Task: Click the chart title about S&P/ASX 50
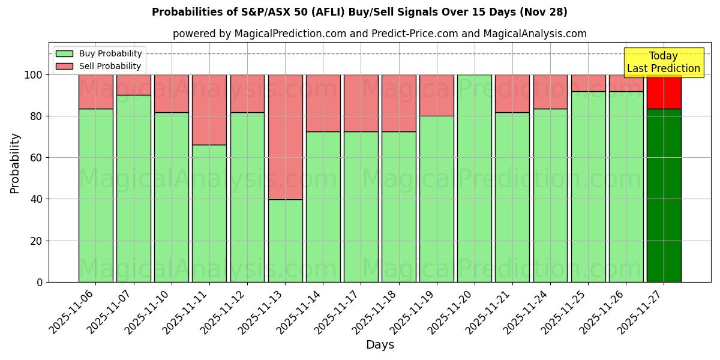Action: coord(359,12)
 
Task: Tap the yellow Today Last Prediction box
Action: coord(664,62)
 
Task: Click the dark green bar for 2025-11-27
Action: coord(664,195)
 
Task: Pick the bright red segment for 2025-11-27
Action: coord(664,92)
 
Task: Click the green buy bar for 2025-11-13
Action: coord(285,240)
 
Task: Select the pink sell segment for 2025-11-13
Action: coord(285,137)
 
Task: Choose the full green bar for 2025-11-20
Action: coord(475,178)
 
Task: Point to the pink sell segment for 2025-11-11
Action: coord(209,110)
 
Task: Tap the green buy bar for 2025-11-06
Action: coord(96,195)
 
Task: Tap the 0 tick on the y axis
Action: coord(40,282)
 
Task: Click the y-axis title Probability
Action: coord(15,163)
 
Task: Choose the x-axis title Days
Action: coord(380,345)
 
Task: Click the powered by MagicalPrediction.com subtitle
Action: coord(380,34)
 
